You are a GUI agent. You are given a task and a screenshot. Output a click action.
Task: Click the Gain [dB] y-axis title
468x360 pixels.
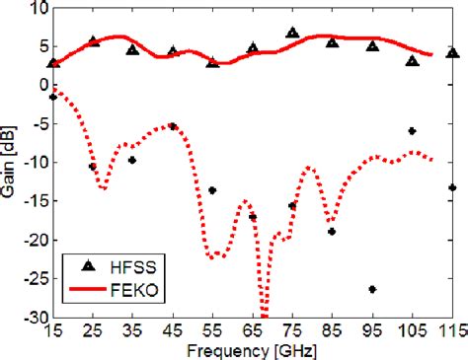click(11, 164)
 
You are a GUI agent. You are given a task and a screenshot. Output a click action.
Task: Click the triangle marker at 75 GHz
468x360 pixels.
click(292, 33)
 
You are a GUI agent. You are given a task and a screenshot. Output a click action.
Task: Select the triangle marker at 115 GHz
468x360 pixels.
click(452, 52)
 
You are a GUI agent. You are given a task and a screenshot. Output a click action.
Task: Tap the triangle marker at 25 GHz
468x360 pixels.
click(93, 41)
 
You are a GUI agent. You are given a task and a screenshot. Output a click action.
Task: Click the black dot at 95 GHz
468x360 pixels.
click(372, 289)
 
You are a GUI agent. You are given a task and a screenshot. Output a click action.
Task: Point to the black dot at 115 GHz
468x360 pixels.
click(452, 187)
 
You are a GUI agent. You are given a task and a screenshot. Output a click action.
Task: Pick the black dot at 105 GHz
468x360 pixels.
click(412, 130)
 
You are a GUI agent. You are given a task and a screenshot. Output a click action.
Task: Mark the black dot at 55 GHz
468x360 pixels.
click(212, 190)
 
